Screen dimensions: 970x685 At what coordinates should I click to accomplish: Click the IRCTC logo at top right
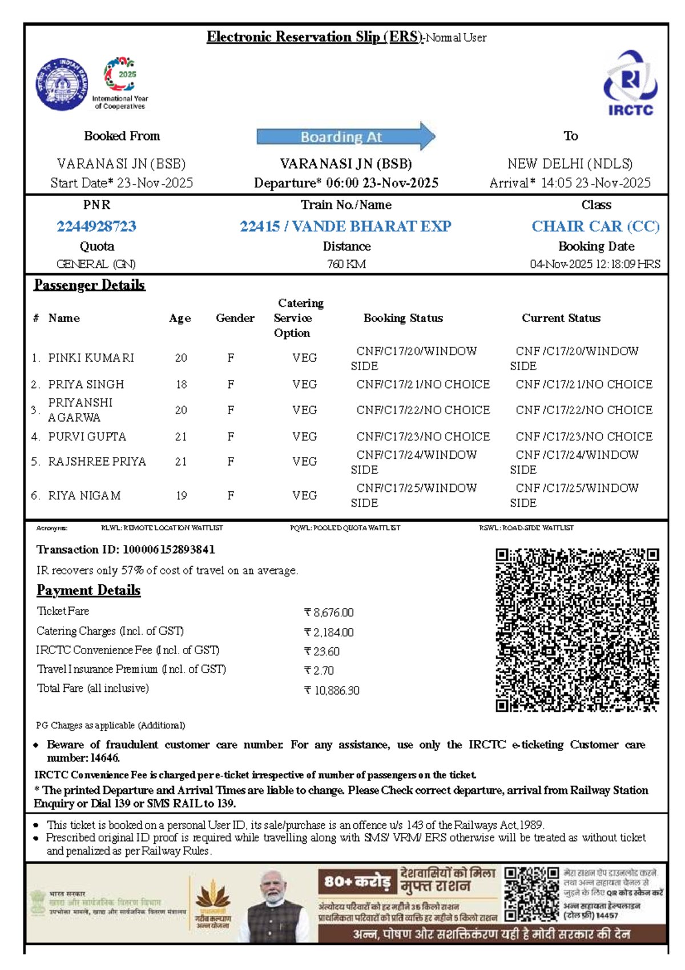[630, 83]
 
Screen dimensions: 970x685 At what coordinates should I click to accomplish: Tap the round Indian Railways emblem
[62, 84]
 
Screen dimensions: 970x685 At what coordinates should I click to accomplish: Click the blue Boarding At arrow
[345, 137]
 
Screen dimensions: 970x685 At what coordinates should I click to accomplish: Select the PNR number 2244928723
[96, 226]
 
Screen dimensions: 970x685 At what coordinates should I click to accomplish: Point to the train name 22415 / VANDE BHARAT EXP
[345, 226]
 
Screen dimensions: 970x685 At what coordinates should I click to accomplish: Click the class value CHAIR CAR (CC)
[595, 226]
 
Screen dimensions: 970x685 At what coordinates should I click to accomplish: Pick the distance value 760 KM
[346, 264]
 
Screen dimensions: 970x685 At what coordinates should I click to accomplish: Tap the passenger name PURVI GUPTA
[87, 436]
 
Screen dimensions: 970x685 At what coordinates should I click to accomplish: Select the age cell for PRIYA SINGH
[181, 384]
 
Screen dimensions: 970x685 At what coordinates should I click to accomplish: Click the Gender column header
[235, 318]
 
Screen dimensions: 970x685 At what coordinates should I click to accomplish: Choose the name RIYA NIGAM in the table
[84, 495]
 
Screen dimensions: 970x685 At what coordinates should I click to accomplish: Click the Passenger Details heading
[90, 284]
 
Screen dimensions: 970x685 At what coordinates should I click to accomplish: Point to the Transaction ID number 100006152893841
[169, 550]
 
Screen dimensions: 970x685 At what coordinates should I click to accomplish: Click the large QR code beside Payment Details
[577, 630]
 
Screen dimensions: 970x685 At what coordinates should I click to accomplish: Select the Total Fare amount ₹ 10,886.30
[332, 691]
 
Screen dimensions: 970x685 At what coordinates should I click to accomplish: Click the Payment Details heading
[88, 590]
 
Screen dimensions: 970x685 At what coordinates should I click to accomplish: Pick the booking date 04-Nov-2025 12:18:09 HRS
[595, 264]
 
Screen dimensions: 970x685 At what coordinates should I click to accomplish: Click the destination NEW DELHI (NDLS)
[570, 164]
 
